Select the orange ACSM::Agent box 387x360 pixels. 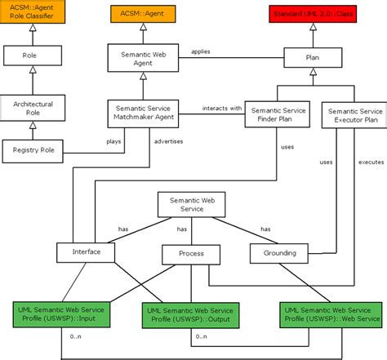click(143, 15)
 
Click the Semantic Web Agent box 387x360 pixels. click(143, 59)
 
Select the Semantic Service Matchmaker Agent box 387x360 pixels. click(143, 115)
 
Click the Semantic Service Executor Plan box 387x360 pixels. click(352, 115)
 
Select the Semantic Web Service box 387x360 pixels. click(192, 204)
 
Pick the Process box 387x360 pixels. click(192, 255)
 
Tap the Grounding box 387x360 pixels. click(280, 253)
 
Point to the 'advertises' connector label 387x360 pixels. click(168, 141)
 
